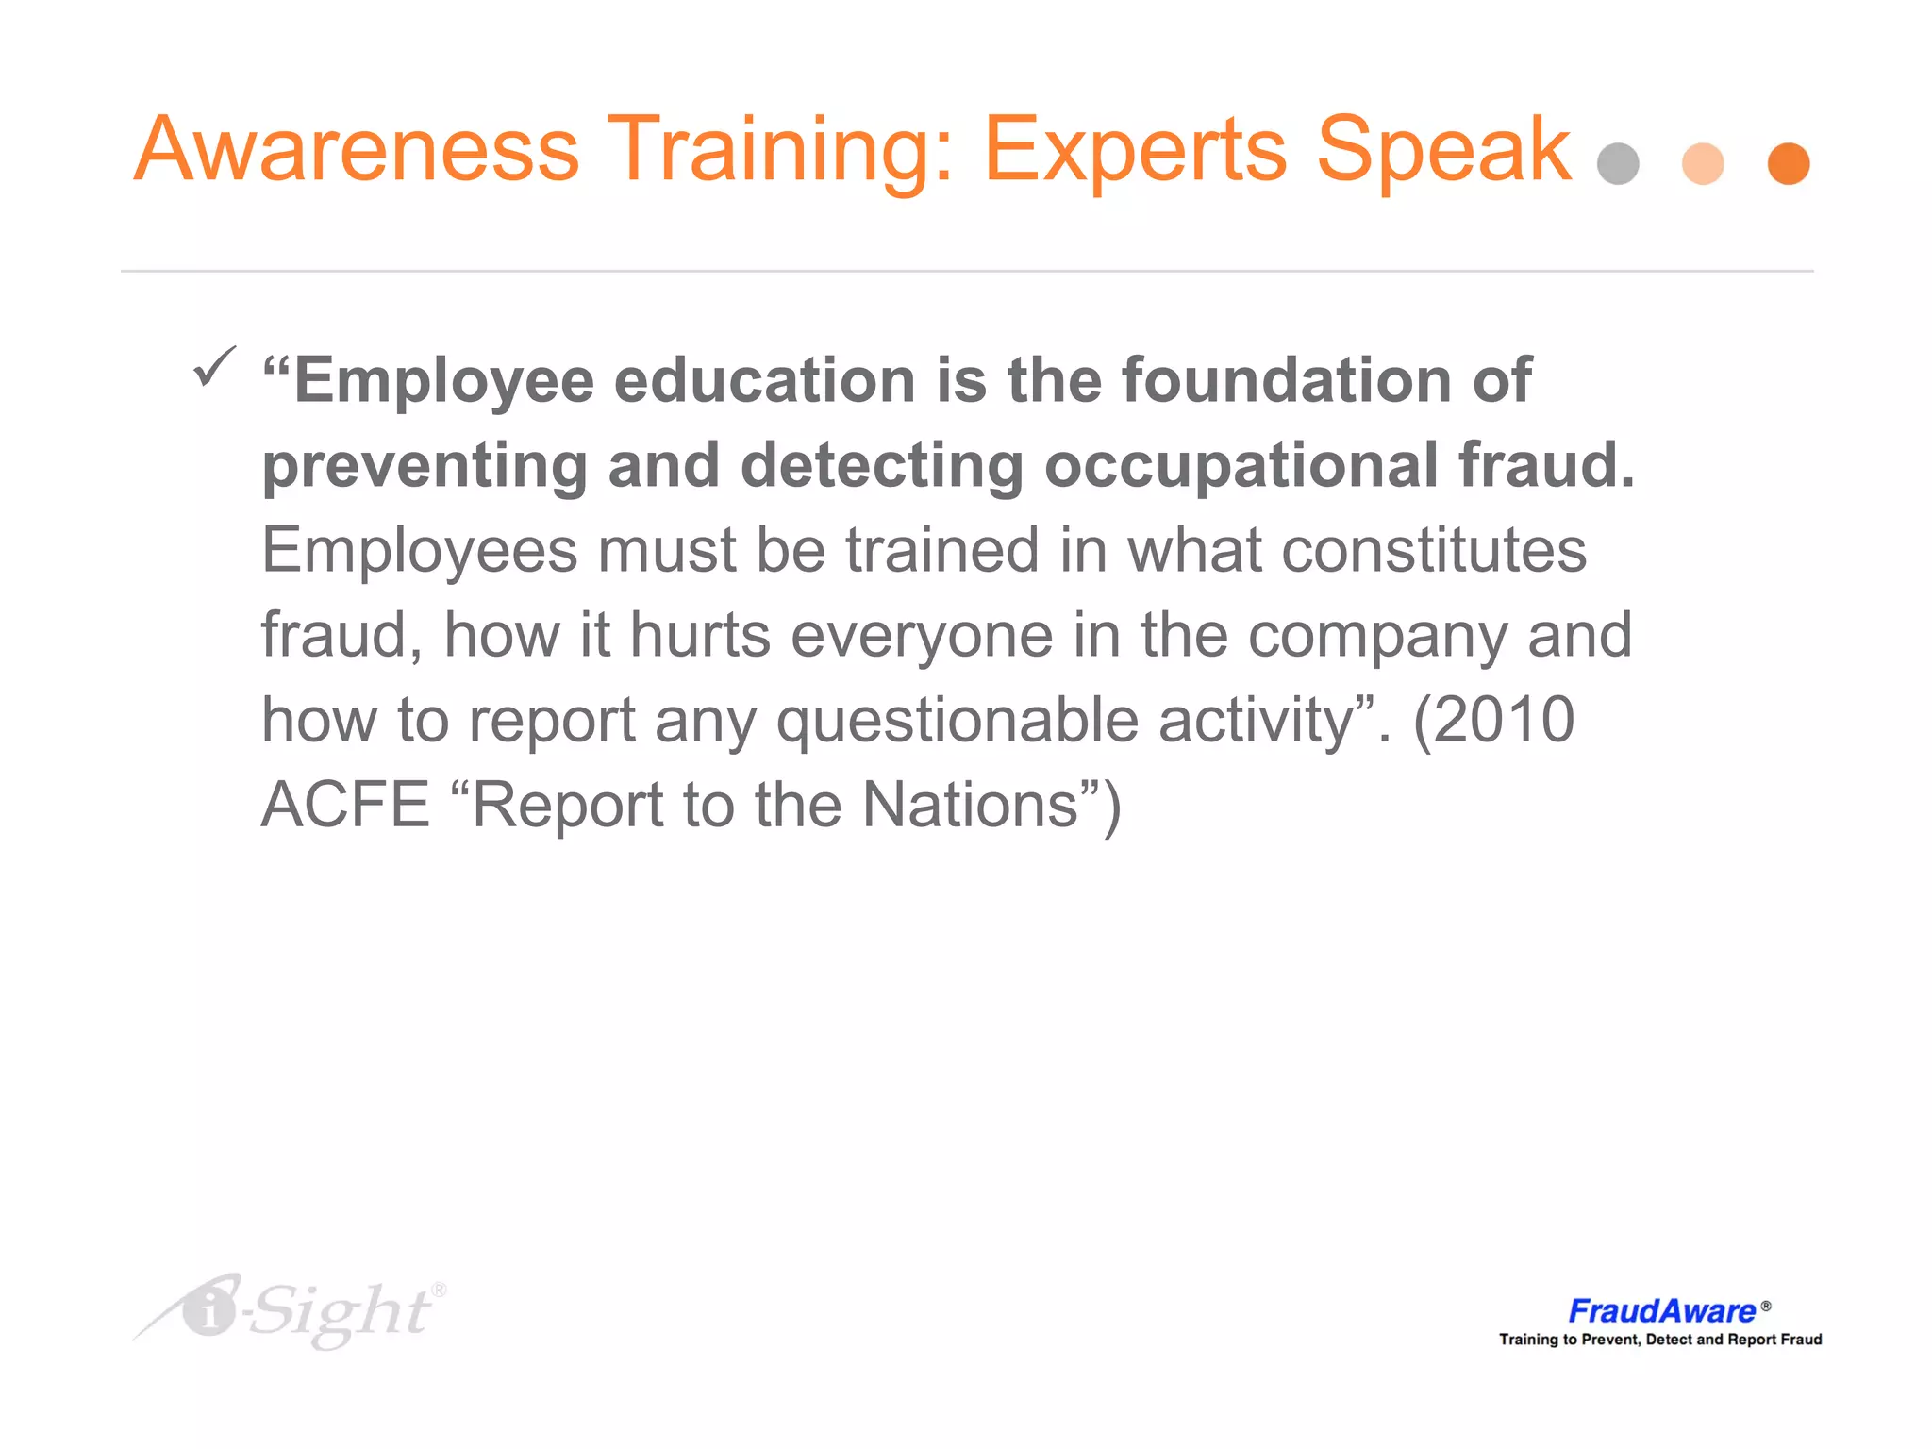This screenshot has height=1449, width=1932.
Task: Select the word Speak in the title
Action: tap(1443, 151)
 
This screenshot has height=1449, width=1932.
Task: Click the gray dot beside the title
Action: tap(1618, 164)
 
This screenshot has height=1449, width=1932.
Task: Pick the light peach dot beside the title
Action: tap(1703, 164)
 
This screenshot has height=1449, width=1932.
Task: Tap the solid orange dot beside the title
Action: tap(1789, 164)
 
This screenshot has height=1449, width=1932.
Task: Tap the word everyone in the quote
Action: tap(922, 635)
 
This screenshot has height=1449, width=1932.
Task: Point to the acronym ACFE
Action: tap(345, 805)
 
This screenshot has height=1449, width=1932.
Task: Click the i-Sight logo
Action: tap(292, 1310)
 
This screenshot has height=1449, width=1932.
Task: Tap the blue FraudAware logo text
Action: tap(1661, 1310)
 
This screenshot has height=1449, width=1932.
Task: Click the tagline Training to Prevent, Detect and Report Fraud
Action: tap(1660, 1340)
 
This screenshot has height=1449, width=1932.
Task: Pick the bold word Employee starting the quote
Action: tap(443, 380)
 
